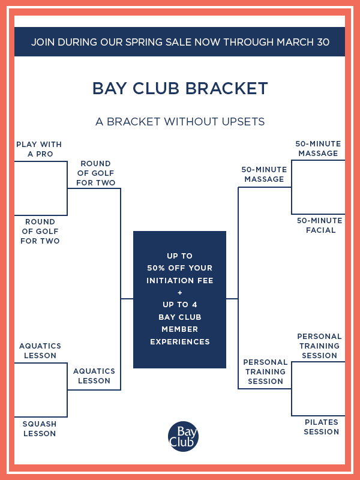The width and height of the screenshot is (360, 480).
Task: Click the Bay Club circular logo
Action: click(183, 436)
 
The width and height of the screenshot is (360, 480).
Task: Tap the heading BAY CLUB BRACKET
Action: click(180, 88)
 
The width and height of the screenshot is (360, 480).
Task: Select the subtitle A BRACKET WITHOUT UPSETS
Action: click(180, 122)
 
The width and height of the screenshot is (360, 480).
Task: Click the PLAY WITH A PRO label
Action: click(39, 149)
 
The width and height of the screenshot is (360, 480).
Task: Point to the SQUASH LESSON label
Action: click(40, 428)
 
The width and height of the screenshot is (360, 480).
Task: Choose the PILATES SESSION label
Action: click(322, 427)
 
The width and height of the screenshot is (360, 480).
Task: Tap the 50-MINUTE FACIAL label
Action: click(320, 226)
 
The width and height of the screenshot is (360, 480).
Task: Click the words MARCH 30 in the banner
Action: click(303, 42)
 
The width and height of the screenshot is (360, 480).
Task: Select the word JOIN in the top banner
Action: click(43, 42)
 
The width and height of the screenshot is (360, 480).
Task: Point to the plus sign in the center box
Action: click(179, 293)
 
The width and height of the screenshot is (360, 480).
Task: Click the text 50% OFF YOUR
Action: click(179, 268)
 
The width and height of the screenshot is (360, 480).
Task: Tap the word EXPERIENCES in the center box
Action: click(179, 341)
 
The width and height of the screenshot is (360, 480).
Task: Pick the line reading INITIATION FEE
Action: click(179, 280)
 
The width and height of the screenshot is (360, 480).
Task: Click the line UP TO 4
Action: click(179, 305)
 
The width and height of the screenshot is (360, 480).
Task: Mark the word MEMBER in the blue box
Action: click(179, 329)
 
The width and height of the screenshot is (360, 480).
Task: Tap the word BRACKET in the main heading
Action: click(227, 88)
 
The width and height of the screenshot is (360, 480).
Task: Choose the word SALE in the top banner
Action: click(179, 42)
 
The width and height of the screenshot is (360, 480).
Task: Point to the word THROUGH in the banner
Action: click(248, 42)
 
